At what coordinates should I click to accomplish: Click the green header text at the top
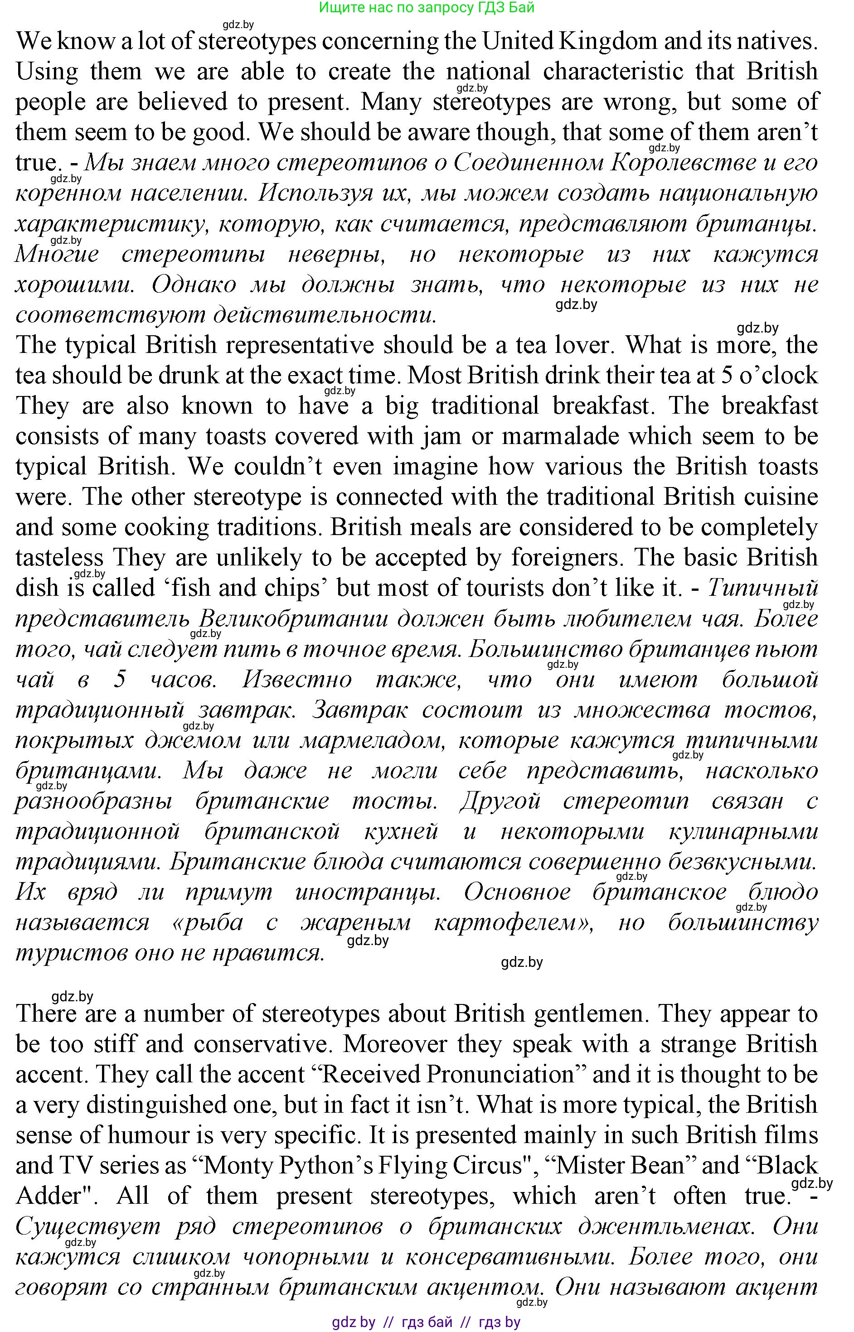coord(427,8)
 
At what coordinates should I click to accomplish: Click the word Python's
coord(325,1166)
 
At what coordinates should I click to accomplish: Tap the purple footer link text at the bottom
coord(426,1322)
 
